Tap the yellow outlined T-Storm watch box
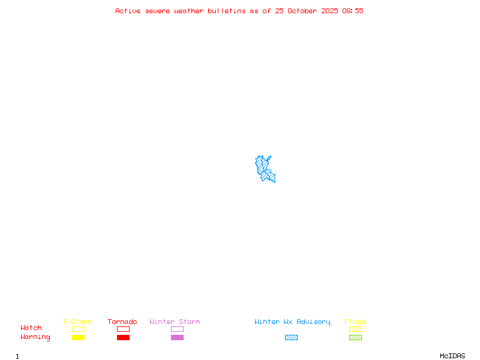[x=78, y=329]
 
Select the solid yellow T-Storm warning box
[x=78, y=337]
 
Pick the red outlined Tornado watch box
[x=123, y=329]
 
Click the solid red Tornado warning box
[x=123, y=337]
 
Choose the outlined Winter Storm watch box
[x=177, y=329]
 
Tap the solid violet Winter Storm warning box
[x=177, y=337]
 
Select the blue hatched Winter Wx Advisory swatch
[x=291, y=337]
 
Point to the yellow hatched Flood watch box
[x=355, y=329]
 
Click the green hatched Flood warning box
[x=355, y=337]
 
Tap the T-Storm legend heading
[x=77, y=322]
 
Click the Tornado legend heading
[x=122, y=322]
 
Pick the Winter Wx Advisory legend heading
[x=292, y=322]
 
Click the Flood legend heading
[x=355, y=322]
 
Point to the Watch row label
[x=31, y=328]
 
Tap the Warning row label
[x=35, y=337]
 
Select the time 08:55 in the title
[x=353, y=11]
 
